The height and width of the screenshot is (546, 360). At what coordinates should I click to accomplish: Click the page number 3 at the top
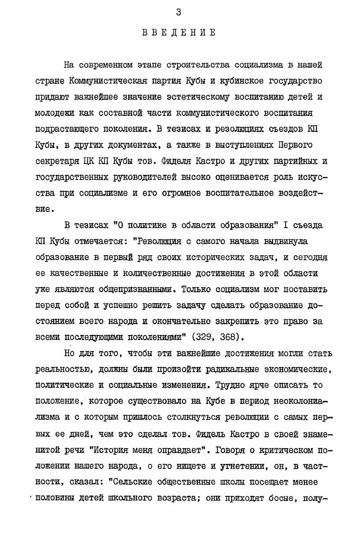(x=179, y=13)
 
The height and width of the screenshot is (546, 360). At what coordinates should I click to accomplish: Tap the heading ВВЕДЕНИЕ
(x=179, y=32)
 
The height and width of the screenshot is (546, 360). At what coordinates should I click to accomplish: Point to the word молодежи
(x=55, y=113)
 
